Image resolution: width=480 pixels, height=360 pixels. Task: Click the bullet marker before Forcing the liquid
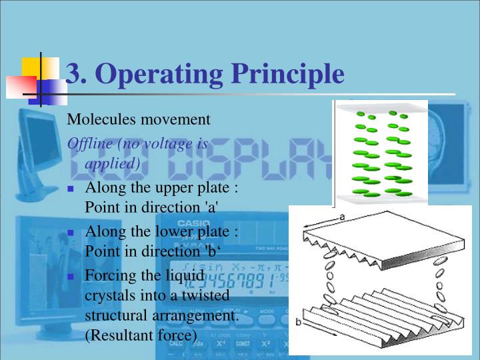[71, 276]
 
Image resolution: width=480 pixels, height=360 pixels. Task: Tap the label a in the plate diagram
[342, 217]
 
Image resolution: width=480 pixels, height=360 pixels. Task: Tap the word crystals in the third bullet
[107, 295]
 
